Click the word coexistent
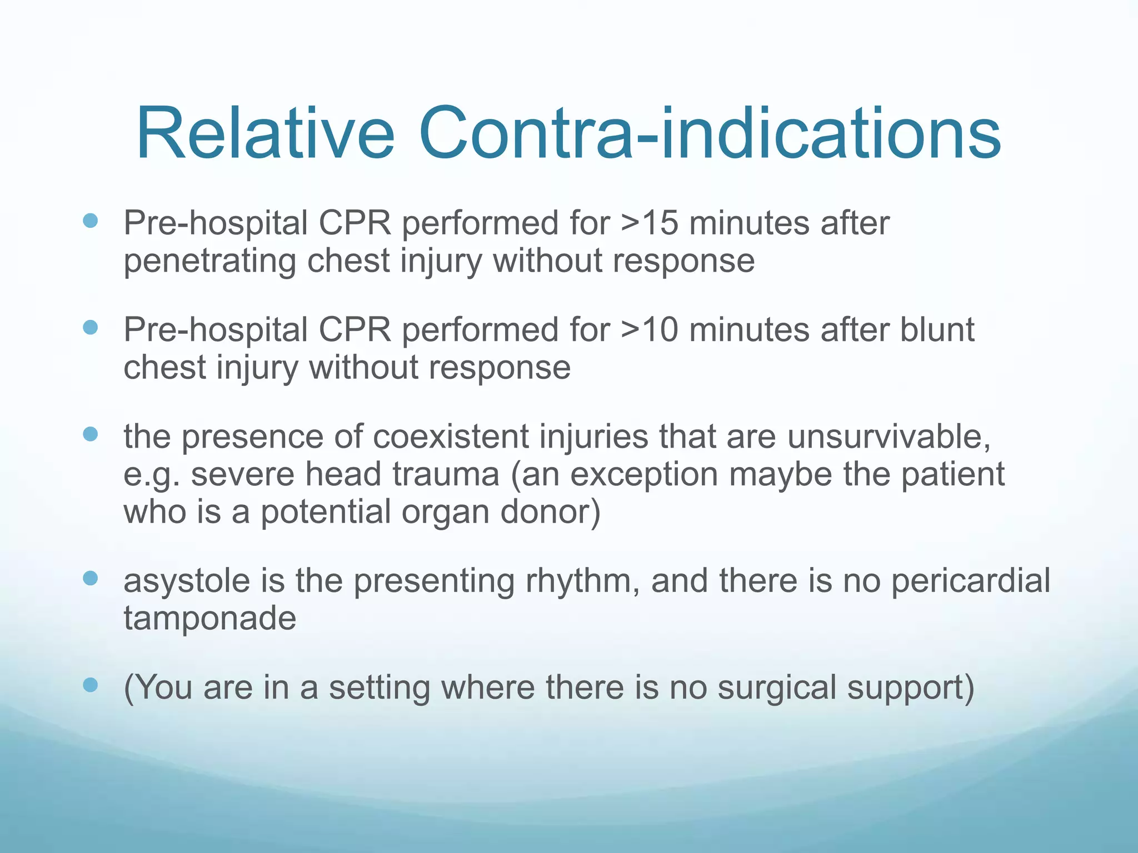pyautogui.click(x=451, y=436)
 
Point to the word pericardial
pyautogui.click(x=971, y=581)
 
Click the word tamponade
pyautogui.click(x=209, y=619)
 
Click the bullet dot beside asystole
pyautogui.click(x=90, y=578)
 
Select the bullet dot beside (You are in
pyautogui.click(x=90, y=685)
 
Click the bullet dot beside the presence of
pyautogui.click(x=90, y=434)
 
